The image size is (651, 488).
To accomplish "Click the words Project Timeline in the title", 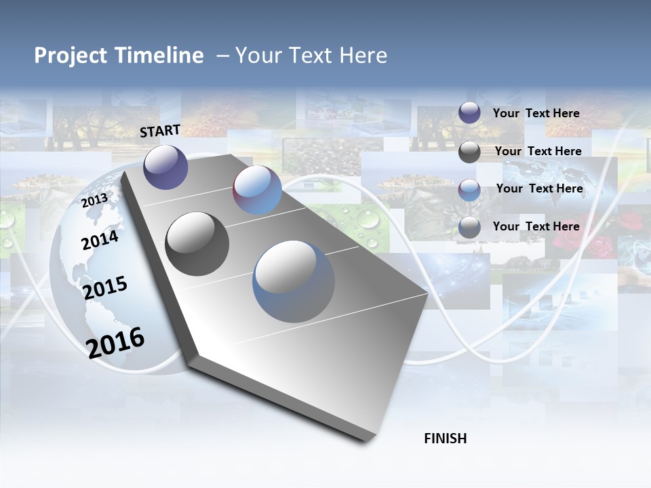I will [x=119, y=56].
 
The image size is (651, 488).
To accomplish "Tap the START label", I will [x=160, y=131].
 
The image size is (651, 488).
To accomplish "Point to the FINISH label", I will [x=446, y=439].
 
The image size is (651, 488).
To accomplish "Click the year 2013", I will [x=94, y=201].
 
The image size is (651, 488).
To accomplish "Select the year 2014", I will [x=100, y=240].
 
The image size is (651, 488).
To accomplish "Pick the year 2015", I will [x=104, y=288].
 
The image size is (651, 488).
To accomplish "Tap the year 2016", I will [x=115, y=342].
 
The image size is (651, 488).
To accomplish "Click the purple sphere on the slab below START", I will [x=165, y=167].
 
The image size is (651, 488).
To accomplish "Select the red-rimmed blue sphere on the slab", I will [x=257, y=190].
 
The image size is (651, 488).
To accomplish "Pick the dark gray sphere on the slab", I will [x=197, y=244].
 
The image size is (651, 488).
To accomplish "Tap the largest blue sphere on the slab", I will [x=294, y=281].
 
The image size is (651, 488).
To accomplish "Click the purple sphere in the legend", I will [x=469, y=113].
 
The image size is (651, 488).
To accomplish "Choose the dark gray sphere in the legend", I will [x=469, y=152].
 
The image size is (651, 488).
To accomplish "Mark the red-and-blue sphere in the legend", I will [x=469, y=190].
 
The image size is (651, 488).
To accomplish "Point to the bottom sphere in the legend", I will [x=469, y=228].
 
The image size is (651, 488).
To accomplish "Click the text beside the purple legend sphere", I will [x=536, y=113].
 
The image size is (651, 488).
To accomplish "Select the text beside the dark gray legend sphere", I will [x=538, y=151].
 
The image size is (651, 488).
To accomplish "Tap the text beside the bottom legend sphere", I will [x=536, y=226].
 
